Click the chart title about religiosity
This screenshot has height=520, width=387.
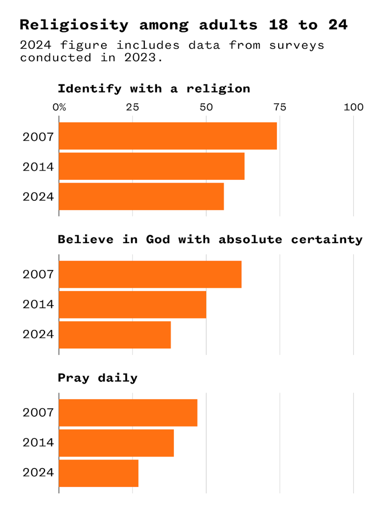(184, 25)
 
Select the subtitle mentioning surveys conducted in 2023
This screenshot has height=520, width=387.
(172, 51)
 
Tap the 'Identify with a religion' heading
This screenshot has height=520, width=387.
(154, 89)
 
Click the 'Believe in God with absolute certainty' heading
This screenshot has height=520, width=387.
(210, 240)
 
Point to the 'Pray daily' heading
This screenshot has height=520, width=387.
(98, 378)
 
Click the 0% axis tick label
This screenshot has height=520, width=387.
(59, 107)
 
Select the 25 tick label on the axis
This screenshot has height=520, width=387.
(132, 107)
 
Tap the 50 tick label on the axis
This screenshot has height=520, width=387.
(206, 107)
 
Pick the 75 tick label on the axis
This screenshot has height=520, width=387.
(280, 107)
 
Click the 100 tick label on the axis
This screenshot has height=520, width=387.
(353, 107)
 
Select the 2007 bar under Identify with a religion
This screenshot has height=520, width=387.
(168, 136)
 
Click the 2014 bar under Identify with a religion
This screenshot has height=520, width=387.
(151, 166)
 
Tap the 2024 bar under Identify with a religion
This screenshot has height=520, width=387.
(141, 196)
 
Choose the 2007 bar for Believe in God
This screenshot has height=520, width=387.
(150, 274)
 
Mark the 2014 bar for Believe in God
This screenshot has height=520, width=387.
(132, 305)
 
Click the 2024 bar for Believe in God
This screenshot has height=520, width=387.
(115, 335)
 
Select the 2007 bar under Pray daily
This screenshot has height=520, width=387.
(128, 412)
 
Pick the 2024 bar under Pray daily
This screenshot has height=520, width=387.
(98, 473)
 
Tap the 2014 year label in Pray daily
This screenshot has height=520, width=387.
(38, 443)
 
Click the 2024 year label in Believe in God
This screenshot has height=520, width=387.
(38, 335)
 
